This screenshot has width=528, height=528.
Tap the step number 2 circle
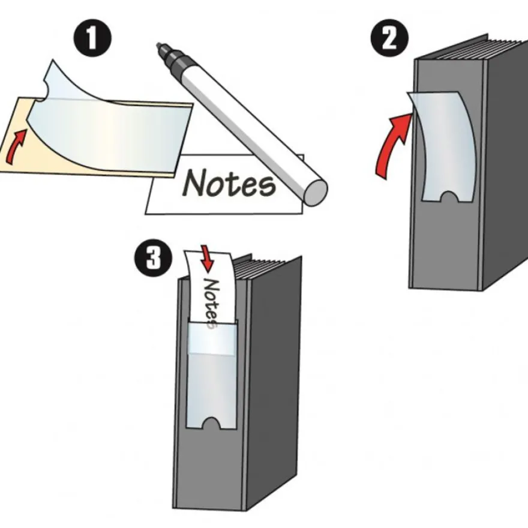point(389,38)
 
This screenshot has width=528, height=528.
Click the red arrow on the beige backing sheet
point(15,147)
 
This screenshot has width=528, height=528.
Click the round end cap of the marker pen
point(315,193)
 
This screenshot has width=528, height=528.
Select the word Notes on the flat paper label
point(229,183)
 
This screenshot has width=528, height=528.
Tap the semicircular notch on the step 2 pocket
point(450,197)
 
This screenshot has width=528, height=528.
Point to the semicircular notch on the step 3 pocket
point(211,423)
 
